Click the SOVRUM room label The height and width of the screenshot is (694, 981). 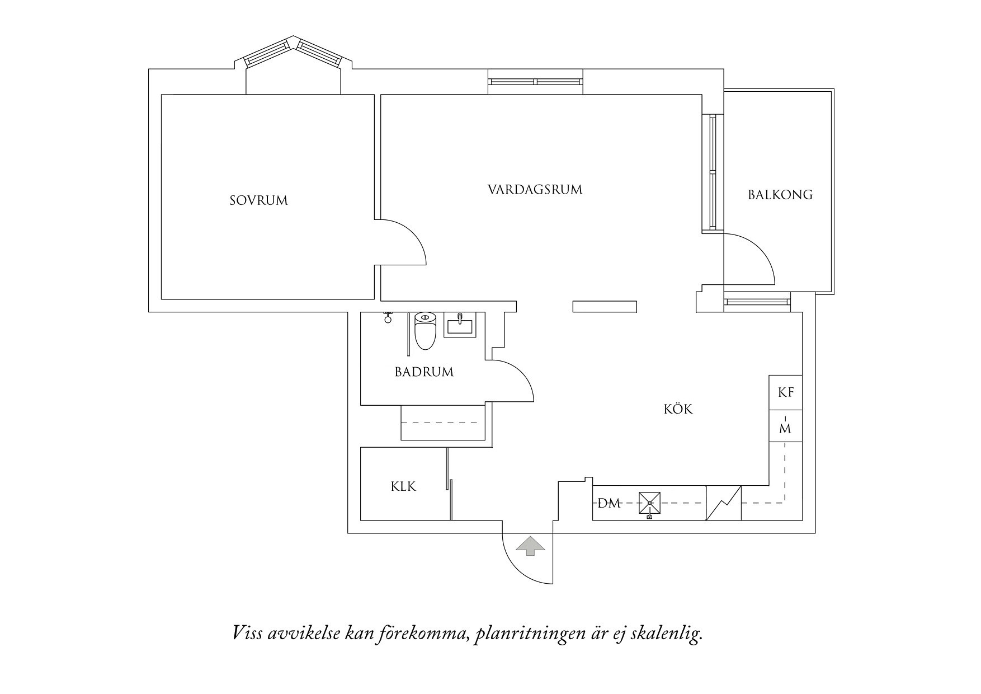258,200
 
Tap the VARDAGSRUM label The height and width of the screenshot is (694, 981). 535,190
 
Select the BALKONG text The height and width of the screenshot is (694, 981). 780,195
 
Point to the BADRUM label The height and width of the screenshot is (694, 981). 424,372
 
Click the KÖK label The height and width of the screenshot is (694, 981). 678,410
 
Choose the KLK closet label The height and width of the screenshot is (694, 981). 403,487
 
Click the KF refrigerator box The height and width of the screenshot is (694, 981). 786,392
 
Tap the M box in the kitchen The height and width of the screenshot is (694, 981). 785,429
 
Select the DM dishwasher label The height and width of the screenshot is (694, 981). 609,503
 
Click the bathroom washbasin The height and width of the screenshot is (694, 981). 460,325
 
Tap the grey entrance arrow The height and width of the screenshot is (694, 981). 529,546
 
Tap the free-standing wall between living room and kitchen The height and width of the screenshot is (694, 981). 605,306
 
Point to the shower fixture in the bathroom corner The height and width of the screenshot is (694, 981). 386,318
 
